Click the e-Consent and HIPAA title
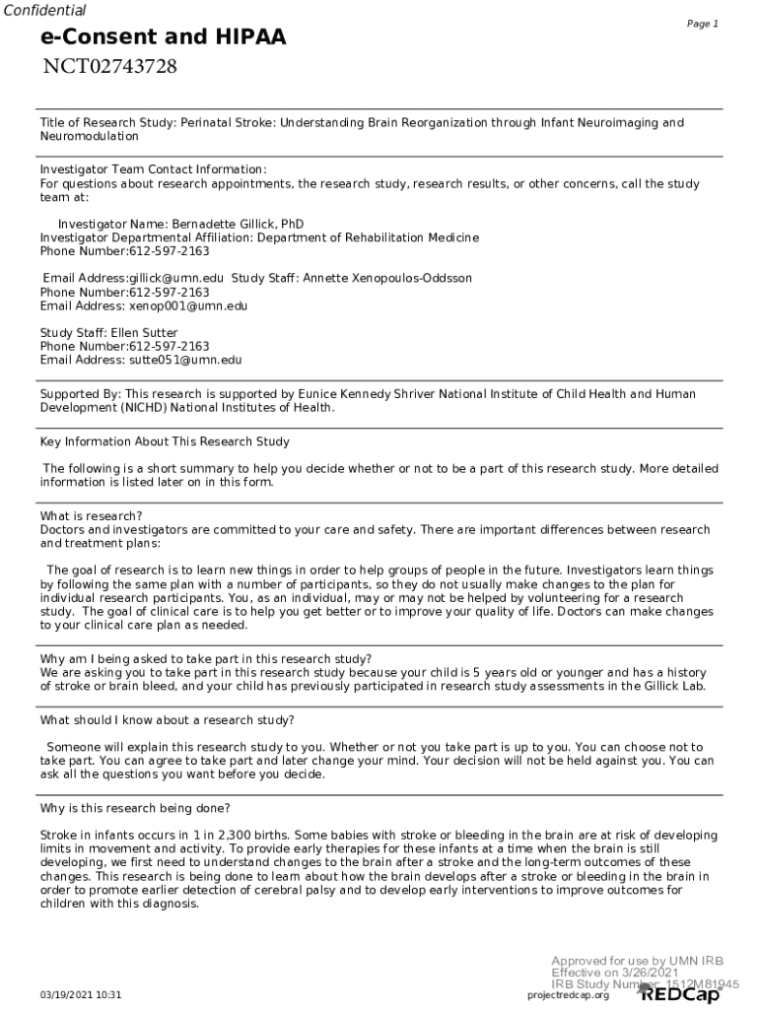tap(163, 37)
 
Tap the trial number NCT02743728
tap(109, 67)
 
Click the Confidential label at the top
tap(44, 11)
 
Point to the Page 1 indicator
tap(702, 24)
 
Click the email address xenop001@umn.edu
tap(181, 305)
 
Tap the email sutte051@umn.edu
tap(178, 361)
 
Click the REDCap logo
tap(681, 994)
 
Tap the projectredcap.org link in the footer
tap(569, 995)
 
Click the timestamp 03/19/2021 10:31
tap(81, 995)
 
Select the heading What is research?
tap(91, 516)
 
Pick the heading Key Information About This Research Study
tap(165, 441)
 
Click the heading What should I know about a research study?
tap(167, 720)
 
